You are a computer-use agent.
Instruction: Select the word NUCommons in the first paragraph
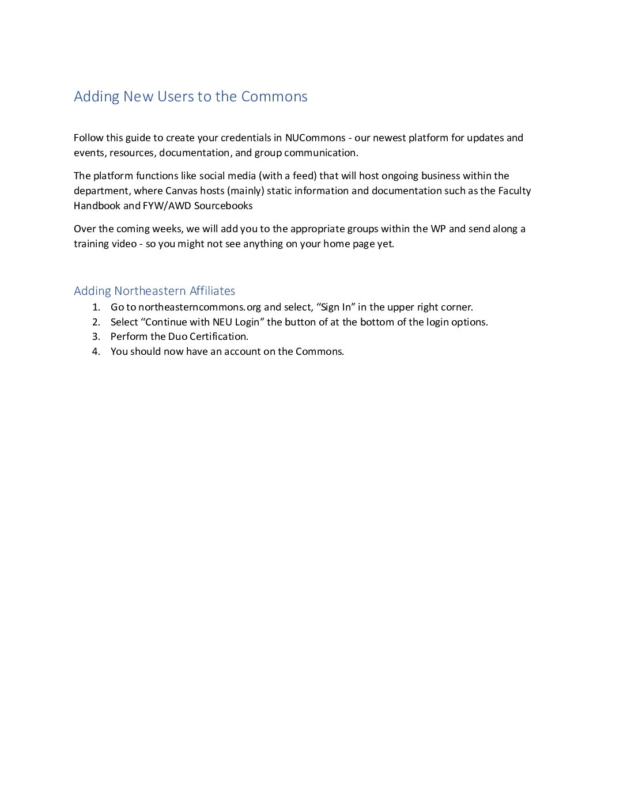[315, 138]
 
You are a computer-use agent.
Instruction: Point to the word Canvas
[181, 191]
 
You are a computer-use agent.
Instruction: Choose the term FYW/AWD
[167, 206]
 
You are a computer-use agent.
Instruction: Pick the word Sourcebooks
[223, 206]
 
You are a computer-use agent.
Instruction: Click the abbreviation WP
[438, 229]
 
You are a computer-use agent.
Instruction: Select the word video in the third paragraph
[123, 244]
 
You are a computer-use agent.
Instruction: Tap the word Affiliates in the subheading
[212, 291]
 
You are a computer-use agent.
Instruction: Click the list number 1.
[96, 307]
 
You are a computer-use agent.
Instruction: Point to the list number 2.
[96, 322]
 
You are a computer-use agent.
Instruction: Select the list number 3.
[96, 336]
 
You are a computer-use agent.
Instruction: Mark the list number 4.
[96, 351]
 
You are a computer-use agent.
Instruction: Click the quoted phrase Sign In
[335, 307]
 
